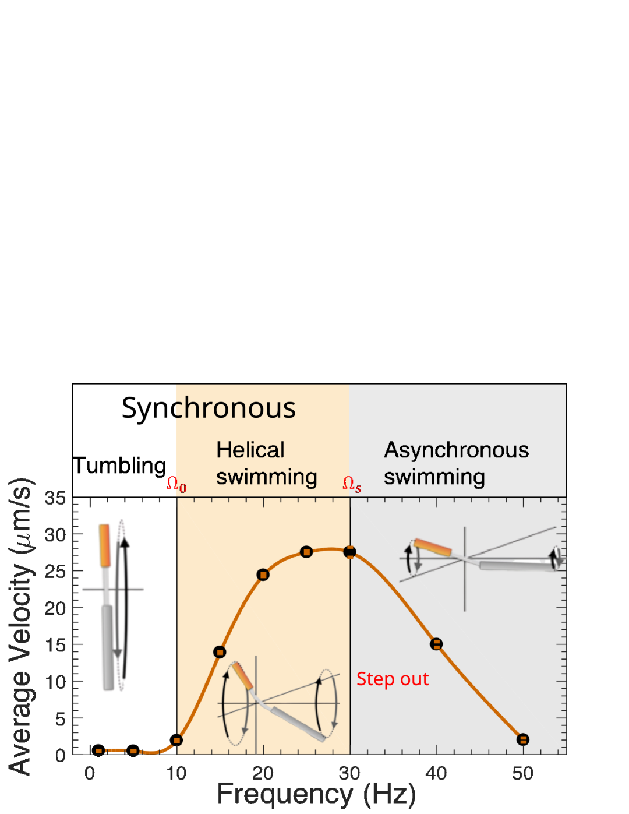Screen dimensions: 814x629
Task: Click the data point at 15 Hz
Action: click(220, 652)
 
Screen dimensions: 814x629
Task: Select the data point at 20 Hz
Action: click(263, 575)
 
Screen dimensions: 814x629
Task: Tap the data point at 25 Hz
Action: click(306, 552)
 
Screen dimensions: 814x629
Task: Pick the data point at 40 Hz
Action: click(436, 644)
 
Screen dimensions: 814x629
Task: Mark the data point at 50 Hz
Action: click(523, 739)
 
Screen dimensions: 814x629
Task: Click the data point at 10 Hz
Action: click(176, 740)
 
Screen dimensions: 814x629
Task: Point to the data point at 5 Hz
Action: click(133, 750)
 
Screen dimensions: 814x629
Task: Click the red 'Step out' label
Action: click(393, 679)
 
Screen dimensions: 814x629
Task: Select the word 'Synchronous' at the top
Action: click(209, 408)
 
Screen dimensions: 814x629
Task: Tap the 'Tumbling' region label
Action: click(119, 466)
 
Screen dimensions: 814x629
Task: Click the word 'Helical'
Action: click(250, 450)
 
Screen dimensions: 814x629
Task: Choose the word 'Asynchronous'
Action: click(457, 450)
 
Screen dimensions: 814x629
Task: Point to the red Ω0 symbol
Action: click(176, 484)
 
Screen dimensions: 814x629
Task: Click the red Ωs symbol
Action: click(352, 484)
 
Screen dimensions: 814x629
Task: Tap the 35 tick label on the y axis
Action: click(55, 498)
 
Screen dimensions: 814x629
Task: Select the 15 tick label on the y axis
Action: click(55, 645)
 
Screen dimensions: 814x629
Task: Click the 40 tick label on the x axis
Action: click(436, 773)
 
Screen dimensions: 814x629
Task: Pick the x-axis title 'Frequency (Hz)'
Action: click(316, 794)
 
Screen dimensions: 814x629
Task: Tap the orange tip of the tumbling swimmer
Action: click(105, 545)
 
